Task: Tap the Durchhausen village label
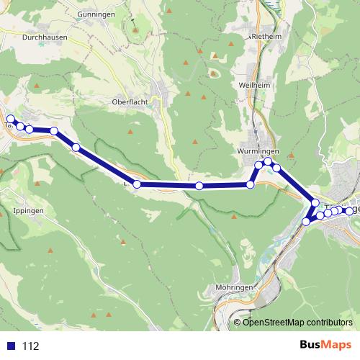(44, 35)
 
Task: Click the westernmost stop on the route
(10, 119)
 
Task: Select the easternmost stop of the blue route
(350, 211)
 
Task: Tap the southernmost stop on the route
(306, 222)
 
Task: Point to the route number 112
(30, 346)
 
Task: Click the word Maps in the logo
(334, 345)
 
